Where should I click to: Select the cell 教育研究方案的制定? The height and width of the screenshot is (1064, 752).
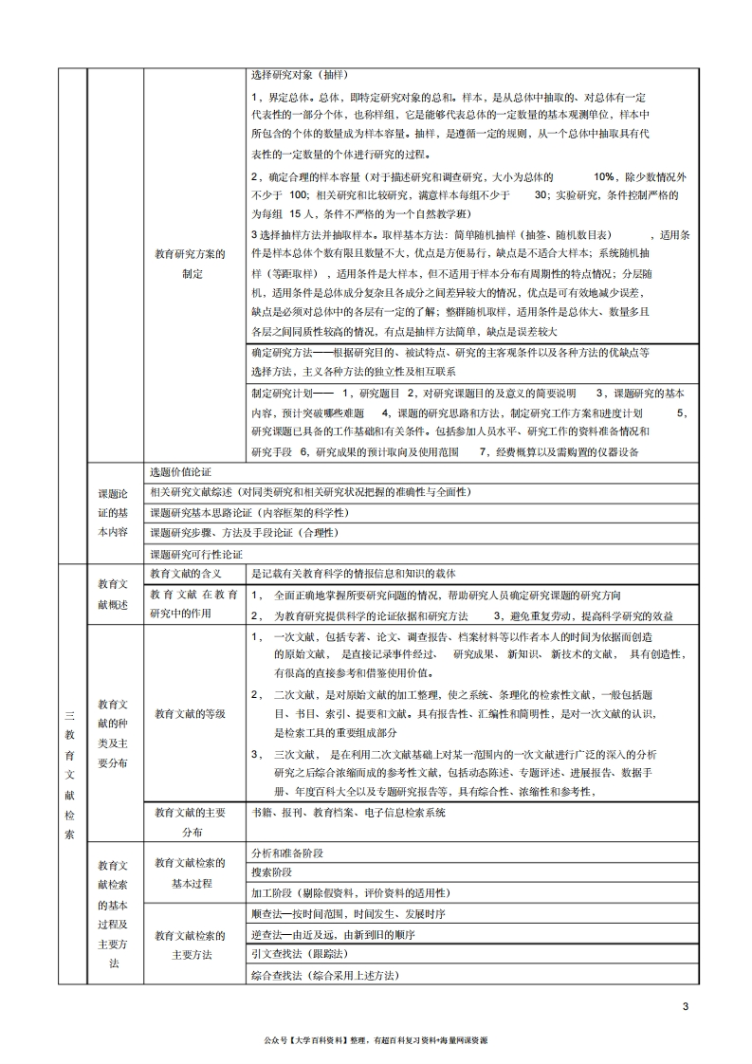coord(191,264)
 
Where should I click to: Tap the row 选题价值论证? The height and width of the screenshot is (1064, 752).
coord(180,472)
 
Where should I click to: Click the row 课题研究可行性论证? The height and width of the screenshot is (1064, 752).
coord(196,554)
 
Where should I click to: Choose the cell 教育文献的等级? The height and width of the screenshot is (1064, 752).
coord(191,713)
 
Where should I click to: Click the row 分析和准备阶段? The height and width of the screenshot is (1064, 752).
coord(287,853)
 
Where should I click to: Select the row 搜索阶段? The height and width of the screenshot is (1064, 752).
coord(272,872)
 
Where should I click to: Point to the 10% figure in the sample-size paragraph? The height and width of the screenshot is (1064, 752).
coord(604,177)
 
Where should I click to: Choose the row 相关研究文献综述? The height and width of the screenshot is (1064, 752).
coord(311,492)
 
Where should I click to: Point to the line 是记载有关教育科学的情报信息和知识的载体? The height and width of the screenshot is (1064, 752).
coord(354,574)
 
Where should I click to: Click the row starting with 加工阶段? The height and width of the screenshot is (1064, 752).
coord(351,893)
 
